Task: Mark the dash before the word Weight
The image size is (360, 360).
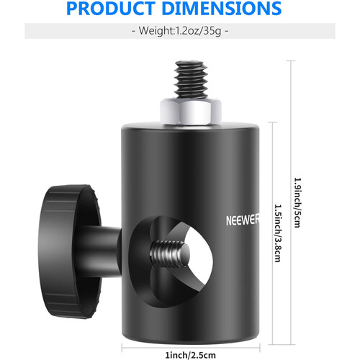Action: [x=135, y=32]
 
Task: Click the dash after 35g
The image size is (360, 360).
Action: [x=227, y=32]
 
